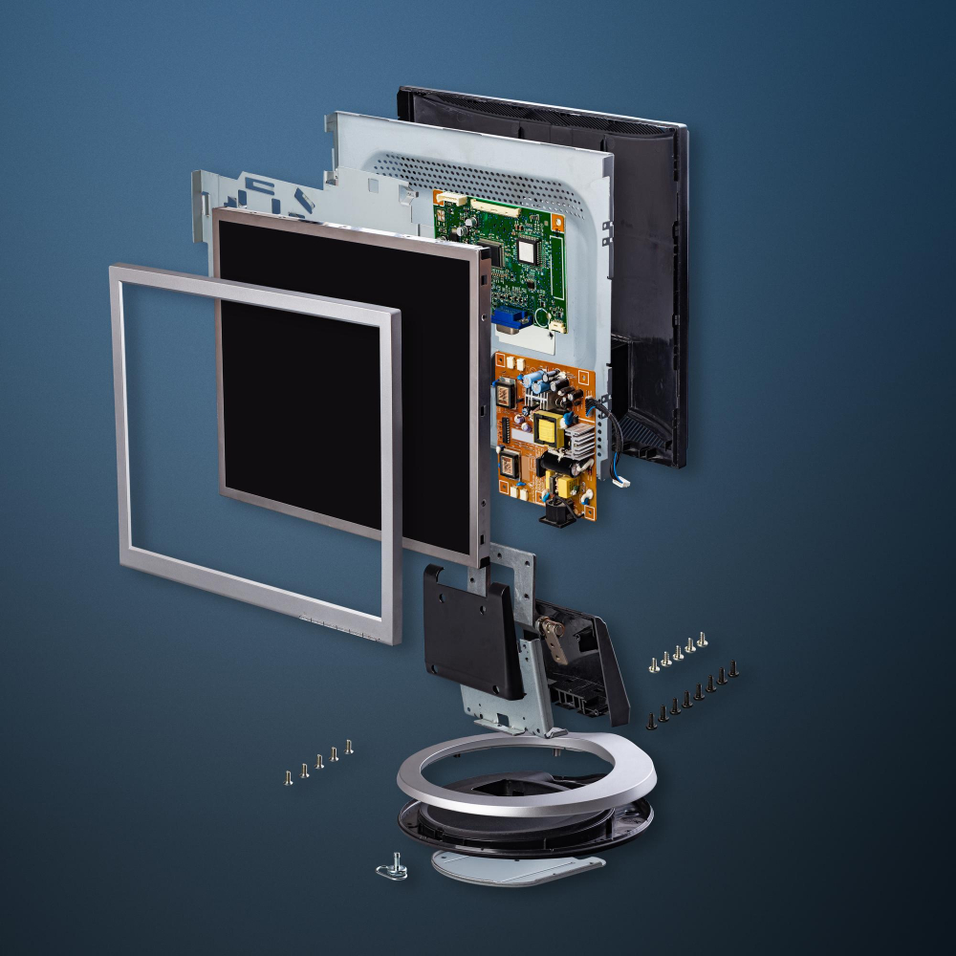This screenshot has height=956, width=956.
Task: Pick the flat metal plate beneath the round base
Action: (x=516, y=865)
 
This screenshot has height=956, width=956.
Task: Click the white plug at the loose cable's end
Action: (x=622, y=481)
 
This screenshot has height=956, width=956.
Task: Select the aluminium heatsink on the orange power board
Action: (x=579, y=441)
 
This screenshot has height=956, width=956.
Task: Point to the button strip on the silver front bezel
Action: (x=339, y=626)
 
